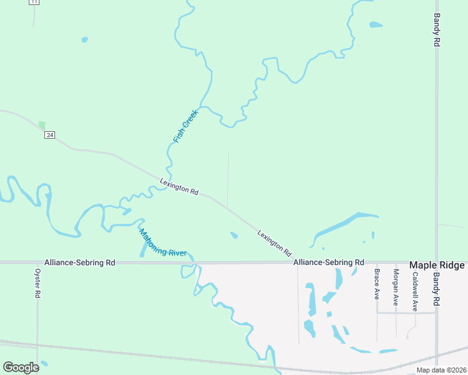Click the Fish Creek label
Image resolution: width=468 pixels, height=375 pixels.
186,126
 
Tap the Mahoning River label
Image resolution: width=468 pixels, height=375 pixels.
163,243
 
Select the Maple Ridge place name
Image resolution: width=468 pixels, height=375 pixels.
437,266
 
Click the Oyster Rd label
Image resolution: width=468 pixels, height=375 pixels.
38,284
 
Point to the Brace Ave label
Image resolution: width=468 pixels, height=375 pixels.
377,284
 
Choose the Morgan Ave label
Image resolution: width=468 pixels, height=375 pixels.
395,282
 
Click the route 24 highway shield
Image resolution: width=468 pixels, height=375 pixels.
50,135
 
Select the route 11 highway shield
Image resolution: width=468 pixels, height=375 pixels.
34,2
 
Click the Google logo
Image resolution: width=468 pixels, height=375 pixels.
21,367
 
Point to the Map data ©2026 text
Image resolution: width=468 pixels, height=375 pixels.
440,370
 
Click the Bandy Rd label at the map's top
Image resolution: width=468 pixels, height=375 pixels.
437,31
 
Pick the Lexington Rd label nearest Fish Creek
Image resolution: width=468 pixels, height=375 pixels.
179,187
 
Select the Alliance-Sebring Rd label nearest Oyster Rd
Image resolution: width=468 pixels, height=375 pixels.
79,262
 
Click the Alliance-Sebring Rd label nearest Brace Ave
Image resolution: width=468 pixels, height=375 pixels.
329,262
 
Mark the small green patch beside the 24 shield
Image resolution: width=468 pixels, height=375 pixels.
42,125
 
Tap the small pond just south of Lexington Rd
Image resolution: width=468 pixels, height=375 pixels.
234,236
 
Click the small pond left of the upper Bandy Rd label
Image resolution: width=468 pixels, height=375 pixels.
375,25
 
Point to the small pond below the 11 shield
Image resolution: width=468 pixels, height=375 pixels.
84,40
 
